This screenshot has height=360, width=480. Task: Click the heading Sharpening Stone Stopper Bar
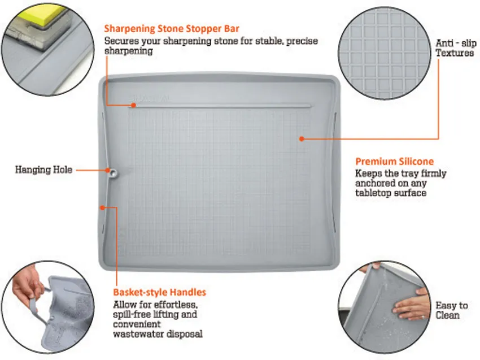172,29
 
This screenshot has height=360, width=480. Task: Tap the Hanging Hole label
44,170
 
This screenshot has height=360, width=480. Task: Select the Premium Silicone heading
395,162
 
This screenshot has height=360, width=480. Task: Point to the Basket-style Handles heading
159,292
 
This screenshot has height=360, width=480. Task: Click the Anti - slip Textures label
456,48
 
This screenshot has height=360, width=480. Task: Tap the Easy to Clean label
452,310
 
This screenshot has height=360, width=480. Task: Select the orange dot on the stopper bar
133,105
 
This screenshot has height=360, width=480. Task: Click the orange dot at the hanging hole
108,170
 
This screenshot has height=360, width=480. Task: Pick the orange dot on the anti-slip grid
302,139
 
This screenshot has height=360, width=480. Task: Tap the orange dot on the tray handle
103,208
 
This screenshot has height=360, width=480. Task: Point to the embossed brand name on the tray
149,98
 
